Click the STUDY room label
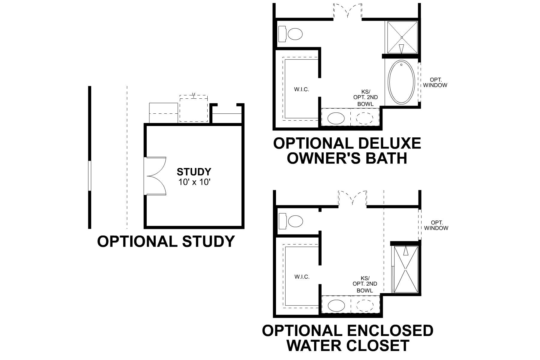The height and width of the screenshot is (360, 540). pyautogui.click(x=194, y=172)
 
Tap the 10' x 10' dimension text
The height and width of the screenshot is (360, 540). pyautogui.click(x=194, y=182)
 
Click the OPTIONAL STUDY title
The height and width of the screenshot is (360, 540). pyautogui.click(x=166, y=241)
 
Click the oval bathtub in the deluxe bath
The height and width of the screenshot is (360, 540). pyautogui.click(x=402, y=82)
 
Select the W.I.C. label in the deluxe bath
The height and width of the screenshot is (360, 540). pyautogui.click(x=301, y=89)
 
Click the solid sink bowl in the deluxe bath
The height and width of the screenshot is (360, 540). pyautogui.click(x=336, y=118)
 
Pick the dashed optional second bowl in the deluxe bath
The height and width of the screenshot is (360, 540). pyautogui.click(x=365, y=118)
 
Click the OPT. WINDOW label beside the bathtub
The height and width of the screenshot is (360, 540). pyautogui.click(x=434, y=82)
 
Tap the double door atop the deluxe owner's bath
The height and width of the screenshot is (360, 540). pyautogui.click(x=348, y=11)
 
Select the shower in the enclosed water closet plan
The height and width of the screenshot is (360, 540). pyautogui.click(x=405, y=269)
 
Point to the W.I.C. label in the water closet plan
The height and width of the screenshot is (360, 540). pyautogui.click(x=302, y=277)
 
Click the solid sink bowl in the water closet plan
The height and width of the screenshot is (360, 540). pyautogui.click(x=336, y=306)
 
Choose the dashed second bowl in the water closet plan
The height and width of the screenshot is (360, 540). pyautogui.click(x=365, y=306)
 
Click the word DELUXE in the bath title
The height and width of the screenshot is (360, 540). pyautogui.click(x=389, y=143)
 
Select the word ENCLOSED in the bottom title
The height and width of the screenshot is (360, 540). pyautogui.click(x=390, y=331)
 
